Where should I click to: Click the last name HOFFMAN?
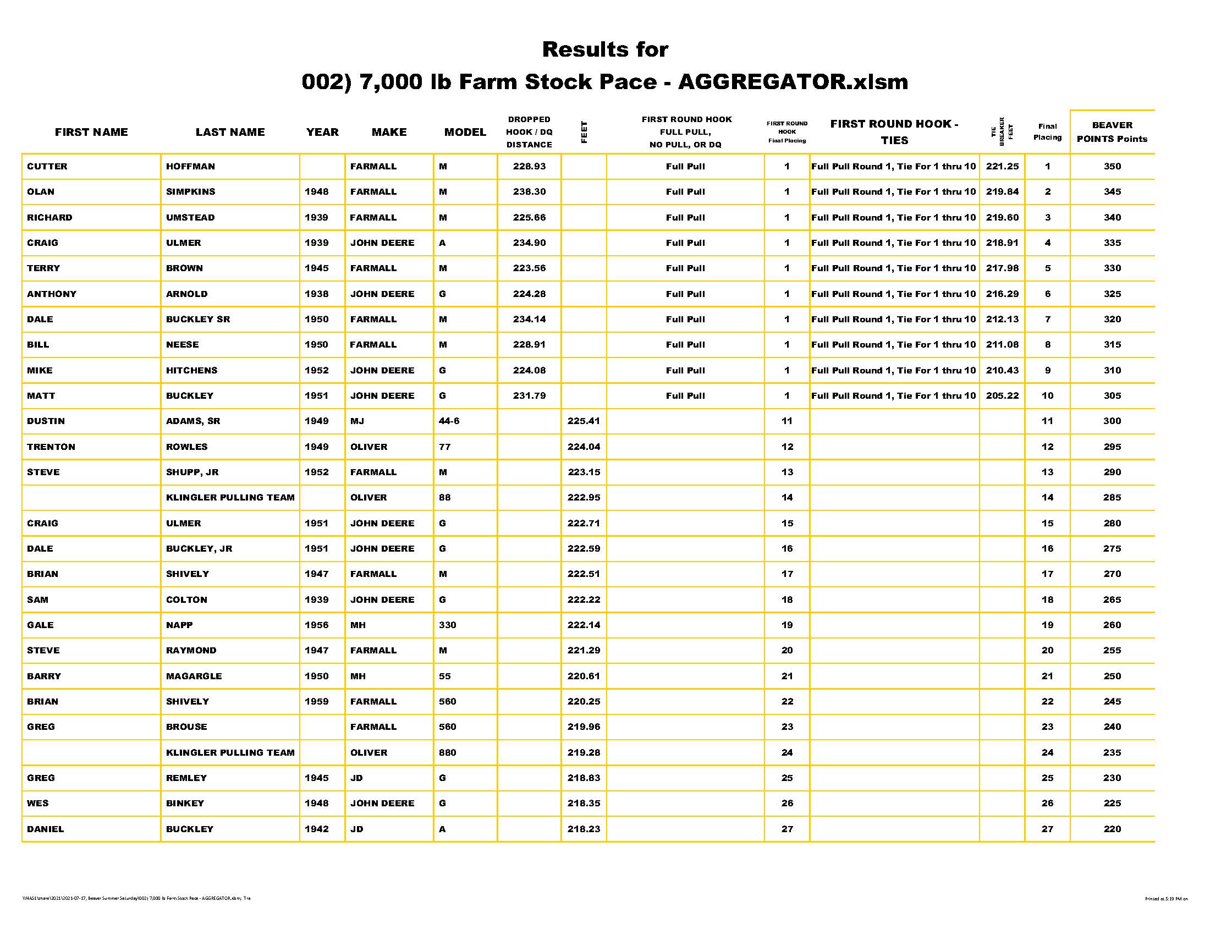190,166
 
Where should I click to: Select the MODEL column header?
465,132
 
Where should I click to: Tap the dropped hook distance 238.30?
529,191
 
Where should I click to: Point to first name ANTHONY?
52,294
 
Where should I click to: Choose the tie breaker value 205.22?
1002,395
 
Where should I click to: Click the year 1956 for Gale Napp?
316,625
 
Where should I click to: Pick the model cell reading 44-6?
449,421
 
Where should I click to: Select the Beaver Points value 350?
1112,166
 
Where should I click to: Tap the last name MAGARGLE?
194,676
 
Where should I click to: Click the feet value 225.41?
584,421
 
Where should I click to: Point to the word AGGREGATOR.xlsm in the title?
793,82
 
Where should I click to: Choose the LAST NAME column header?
230,132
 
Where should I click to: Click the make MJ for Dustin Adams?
357,421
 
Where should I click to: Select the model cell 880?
447,752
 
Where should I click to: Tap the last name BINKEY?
185,803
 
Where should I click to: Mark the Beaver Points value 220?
1112,829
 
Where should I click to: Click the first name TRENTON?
51,447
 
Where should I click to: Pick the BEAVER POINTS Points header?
1112,132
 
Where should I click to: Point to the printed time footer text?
1166,899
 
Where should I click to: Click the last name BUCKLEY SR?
198,319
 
